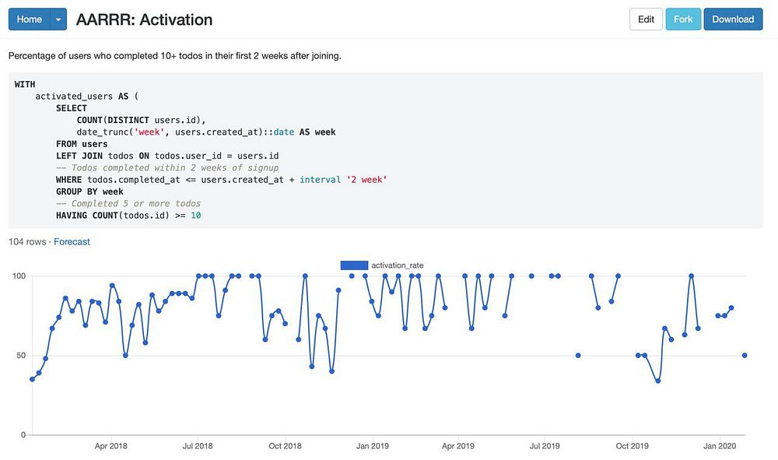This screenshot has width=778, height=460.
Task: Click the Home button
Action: click(x=29, y=19)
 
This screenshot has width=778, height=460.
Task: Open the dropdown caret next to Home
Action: click(x=58, y=19)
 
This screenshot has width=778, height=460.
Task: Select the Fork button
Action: click(x=683, y=19)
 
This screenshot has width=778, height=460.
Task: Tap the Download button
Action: click(x=733, y=19)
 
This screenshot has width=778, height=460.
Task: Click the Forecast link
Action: click(x=72, y=242)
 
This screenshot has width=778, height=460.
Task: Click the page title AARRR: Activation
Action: click(x=144, y=19)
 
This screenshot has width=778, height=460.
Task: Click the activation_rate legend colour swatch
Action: click(x=354, y=265)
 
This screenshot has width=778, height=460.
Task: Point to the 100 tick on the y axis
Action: click(x=19, y=276)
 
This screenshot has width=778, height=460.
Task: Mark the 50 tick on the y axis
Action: click(x=21, y=356)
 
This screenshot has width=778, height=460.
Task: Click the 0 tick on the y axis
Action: click(x=23, y=435)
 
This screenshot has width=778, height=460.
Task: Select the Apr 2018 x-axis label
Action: click(x=111, y=447)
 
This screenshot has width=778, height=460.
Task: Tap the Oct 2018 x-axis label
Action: click(x=286, y=447)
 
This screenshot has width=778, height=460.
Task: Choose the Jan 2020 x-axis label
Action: click(x=720, y=447)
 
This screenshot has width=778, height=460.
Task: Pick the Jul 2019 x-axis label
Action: click(x=545, y=447)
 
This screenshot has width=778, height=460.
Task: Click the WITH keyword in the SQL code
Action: click(x=25, y=85)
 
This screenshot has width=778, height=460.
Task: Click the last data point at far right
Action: click(x=745, y=356)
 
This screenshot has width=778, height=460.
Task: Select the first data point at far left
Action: click(x=32, y=379)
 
